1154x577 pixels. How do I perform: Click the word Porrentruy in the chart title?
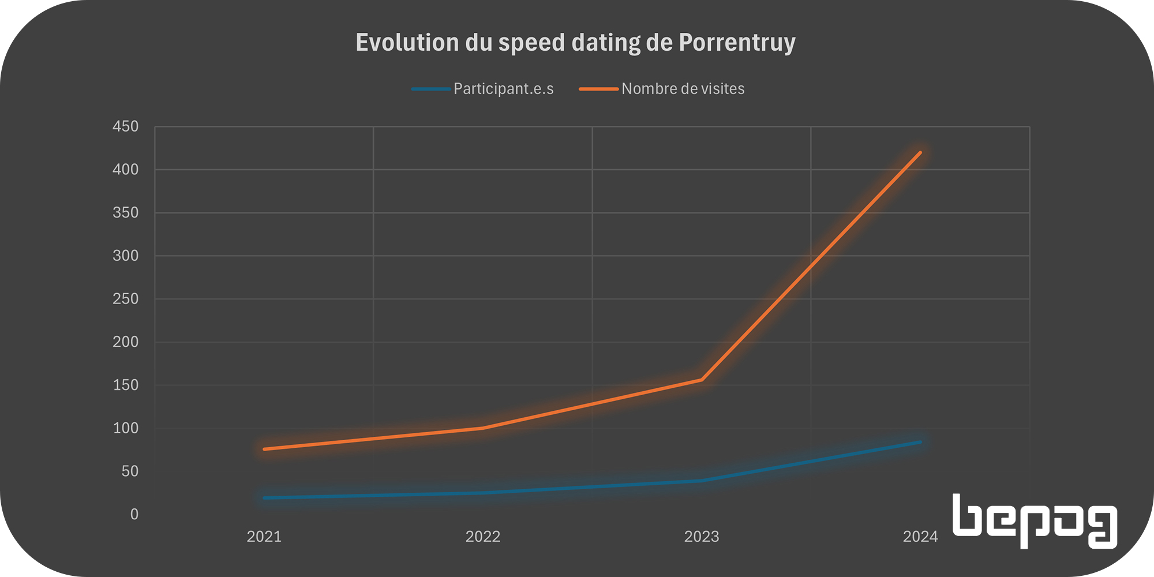737,43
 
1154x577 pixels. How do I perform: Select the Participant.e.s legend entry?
503,89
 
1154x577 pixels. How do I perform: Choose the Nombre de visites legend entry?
683,89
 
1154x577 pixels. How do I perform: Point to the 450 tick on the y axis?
126,126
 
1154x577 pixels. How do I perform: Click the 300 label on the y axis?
126,256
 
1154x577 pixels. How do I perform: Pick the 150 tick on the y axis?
126,385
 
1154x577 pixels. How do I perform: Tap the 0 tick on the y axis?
134,514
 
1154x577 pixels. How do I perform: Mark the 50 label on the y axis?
130,471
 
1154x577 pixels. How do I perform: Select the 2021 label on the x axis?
264,537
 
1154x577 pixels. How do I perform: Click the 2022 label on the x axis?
483,537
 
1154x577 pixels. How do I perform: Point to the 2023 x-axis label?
702,537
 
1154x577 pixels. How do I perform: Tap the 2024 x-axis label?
920,537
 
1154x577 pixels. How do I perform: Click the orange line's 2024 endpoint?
920,152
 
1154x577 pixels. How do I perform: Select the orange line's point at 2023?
702,380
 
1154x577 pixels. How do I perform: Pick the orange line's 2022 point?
483,428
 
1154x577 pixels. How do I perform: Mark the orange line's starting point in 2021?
264,449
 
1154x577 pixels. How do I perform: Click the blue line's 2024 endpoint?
920,442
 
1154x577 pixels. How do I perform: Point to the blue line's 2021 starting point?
264,497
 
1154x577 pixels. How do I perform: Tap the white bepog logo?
1035,520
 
